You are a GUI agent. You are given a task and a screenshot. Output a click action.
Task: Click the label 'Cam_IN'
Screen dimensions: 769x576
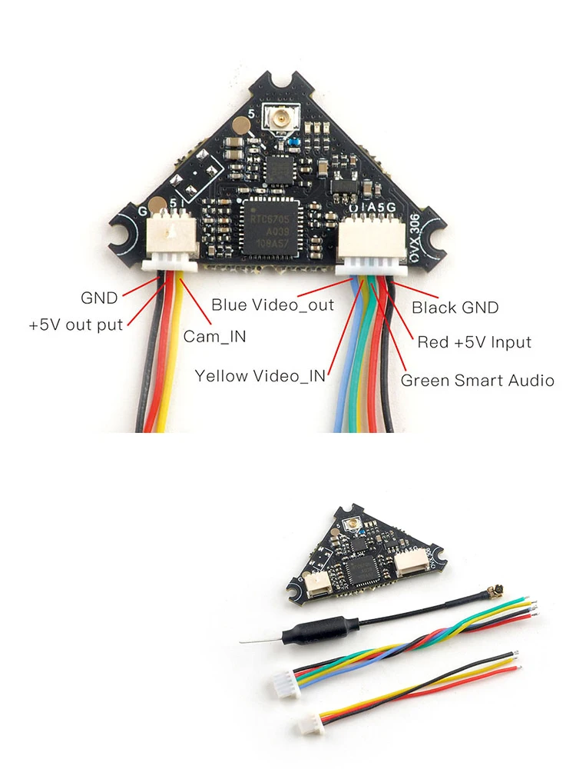coord(210,336)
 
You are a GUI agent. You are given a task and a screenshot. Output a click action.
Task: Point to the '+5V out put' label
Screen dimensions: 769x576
coord(76,325)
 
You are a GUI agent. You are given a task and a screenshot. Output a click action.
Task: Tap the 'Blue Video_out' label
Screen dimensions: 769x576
coord(273,305)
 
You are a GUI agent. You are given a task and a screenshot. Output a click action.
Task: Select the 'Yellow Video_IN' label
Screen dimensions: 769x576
coord(260,376)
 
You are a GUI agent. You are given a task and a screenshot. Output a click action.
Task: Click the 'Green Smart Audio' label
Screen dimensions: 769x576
coord(477,380)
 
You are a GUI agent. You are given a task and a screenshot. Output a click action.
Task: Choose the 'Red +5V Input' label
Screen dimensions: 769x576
coord(474,342)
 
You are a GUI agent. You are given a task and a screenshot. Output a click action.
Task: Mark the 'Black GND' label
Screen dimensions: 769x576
coord(455,308)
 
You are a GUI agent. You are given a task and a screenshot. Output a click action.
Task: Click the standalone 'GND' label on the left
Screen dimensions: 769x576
coord(99,298)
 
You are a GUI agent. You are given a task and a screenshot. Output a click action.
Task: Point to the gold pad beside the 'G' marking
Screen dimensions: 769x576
coord(157,205)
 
